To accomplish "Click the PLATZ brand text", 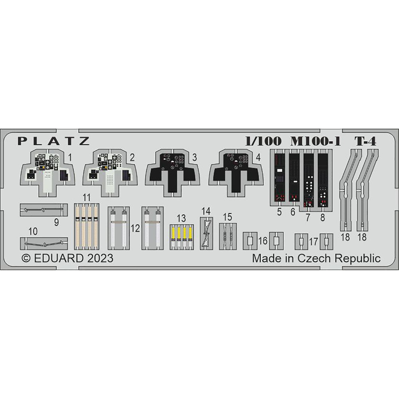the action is (54, 141).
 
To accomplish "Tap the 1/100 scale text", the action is (263, 141).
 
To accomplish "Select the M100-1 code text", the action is (316, 141).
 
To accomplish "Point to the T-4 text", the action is (365, 141).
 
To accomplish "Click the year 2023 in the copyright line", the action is (100, 258).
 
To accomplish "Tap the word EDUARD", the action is (59, 258).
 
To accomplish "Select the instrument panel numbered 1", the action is (47, 173).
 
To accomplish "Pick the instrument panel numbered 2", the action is (110, 173).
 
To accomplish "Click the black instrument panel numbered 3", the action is (172, 173).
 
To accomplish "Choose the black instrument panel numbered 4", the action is (236, 173).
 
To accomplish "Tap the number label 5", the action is (279, 212).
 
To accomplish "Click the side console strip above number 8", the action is (323, 178).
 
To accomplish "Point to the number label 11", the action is (87, 198).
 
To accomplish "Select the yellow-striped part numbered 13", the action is (182, 237).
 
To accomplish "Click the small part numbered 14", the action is (206, 233).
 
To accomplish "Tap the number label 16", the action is (263, 241).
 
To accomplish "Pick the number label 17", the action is (314, 241).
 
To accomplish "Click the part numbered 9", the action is (44, 210).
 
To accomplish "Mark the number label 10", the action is (33, 231).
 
